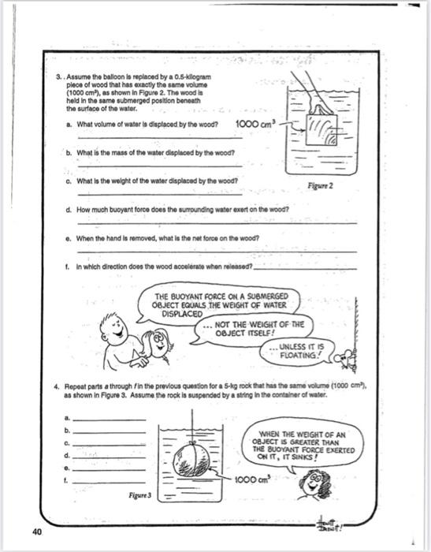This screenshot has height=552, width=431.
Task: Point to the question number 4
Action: [x=60, y=389]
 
